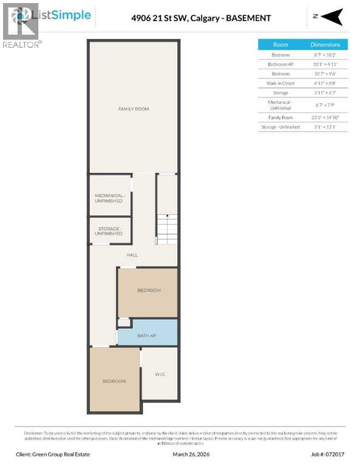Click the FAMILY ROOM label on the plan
pos(134,109)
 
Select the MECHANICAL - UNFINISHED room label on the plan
pos(109,198)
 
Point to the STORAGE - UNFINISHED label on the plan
pos(109,231)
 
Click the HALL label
pos(132,255)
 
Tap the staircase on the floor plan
pos(166,229)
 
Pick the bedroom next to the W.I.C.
pos(114,380)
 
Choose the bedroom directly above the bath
pos(148,291)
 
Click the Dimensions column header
pos(325,45)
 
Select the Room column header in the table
pos(280,45)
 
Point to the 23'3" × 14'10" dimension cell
pos(325,116)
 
